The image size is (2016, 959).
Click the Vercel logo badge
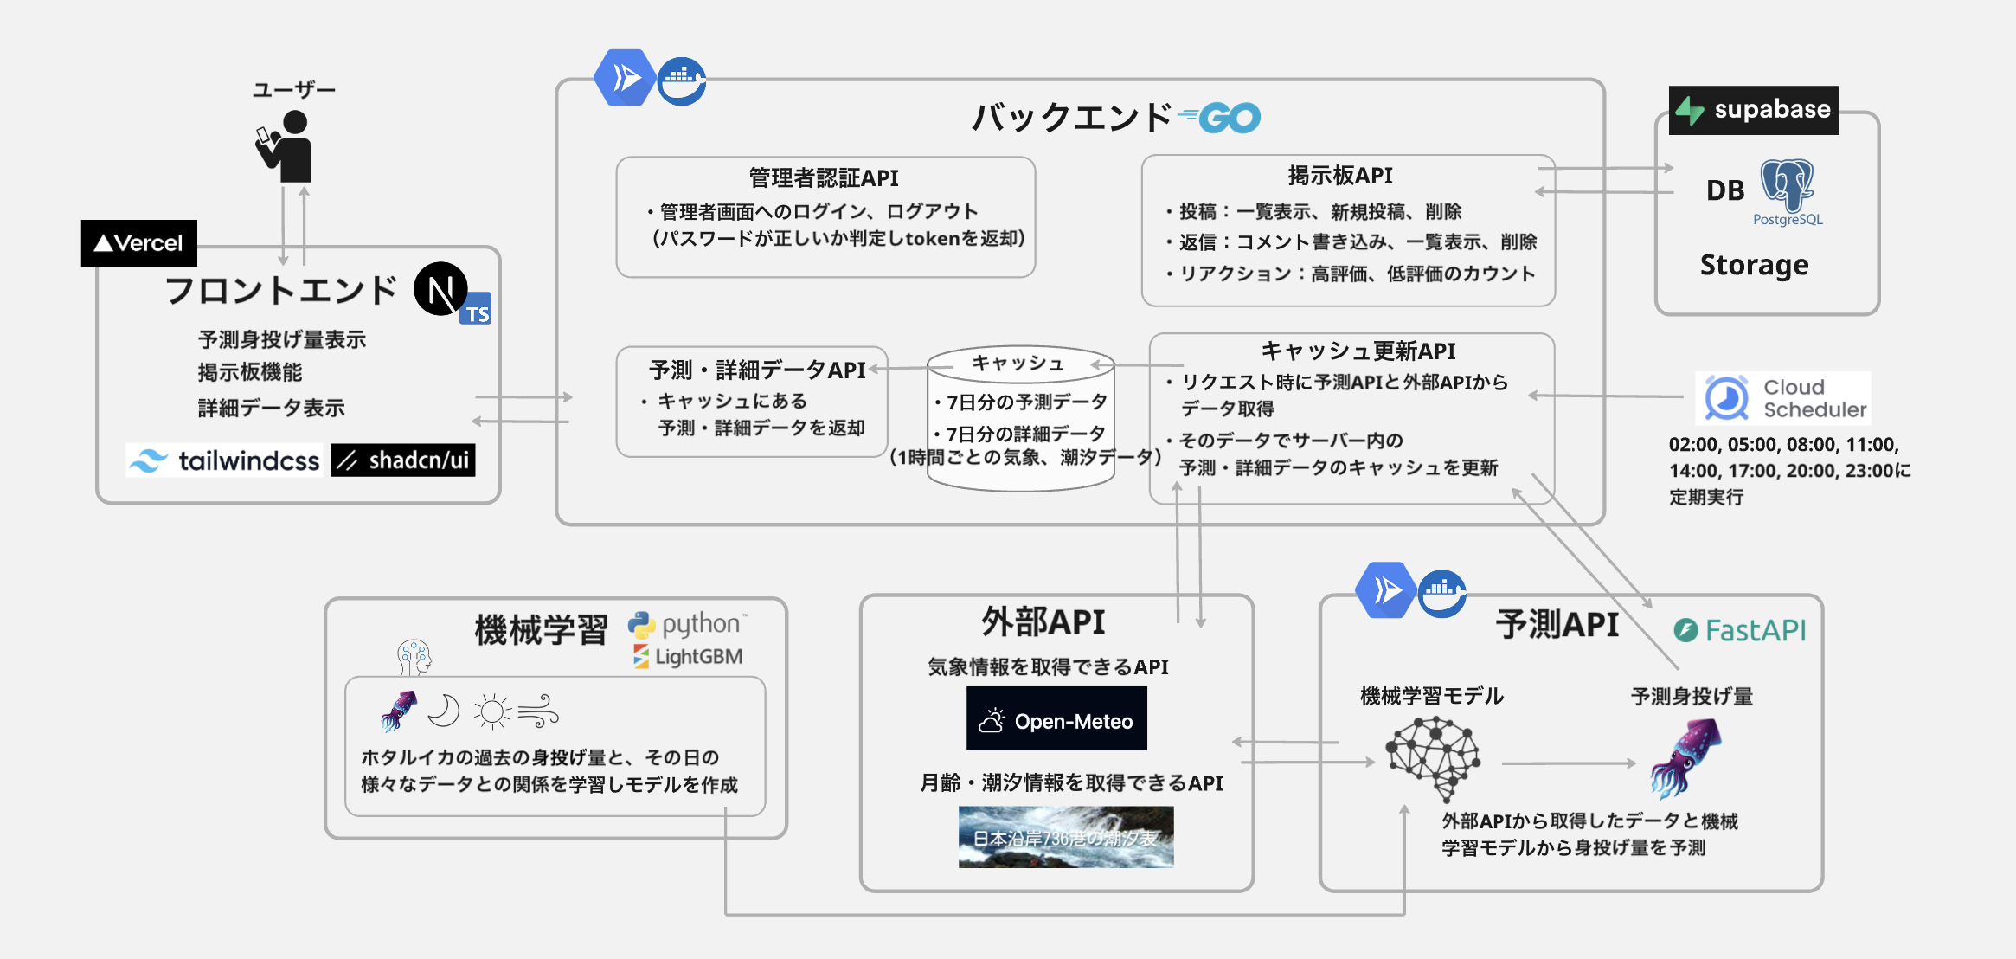138,243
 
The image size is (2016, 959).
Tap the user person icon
286,147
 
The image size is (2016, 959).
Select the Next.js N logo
440,290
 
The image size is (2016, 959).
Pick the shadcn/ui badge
403,460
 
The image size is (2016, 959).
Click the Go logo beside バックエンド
1221,118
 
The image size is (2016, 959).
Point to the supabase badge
1754,110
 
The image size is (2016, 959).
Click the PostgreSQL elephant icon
1787,185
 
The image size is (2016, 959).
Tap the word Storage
1754,265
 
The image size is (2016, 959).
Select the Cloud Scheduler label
1783,398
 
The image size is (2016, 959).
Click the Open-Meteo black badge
1056,719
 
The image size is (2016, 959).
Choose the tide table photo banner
1066,837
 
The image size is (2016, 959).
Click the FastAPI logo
1740,630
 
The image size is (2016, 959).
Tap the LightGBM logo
689,657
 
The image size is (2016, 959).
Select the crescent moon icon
444,711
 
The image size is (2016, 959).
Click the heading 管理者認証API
824,178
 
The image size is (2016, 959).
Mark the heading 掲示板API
1339,176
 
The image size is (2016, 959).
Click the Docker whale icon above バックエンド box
681,81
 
